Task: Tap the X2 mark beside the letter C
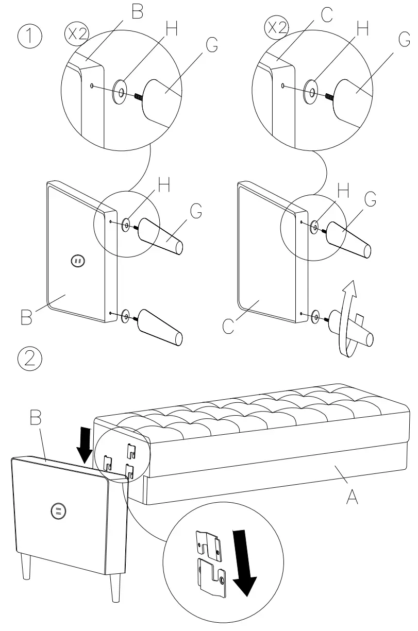point(276,27)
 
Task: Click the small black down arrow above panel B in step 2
point(85,446)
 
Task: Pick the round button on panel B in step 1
point(78,262)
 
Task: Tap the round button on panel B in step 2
point(58,510)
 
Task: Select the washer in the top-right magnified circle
point(312,91)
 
